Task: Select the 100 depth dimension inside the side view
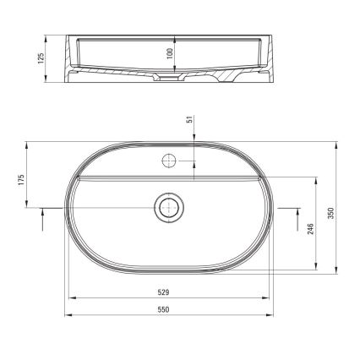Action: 170,53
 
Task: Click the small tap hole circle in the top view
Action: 169,160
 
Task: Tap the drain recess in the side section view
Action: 169,78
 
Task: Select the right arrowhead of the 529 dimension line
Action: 270,298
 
